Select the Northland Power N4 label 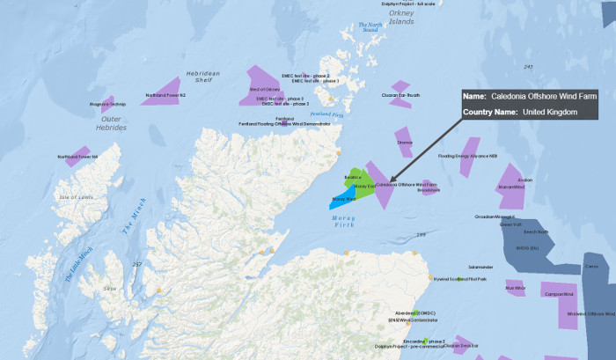(78, 157)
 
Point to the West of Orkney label (265, 90)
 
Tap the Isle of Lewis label (76, 197)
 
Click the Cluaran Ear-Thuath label (400, 95)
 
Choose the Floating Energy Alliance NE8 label (468, 156)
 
